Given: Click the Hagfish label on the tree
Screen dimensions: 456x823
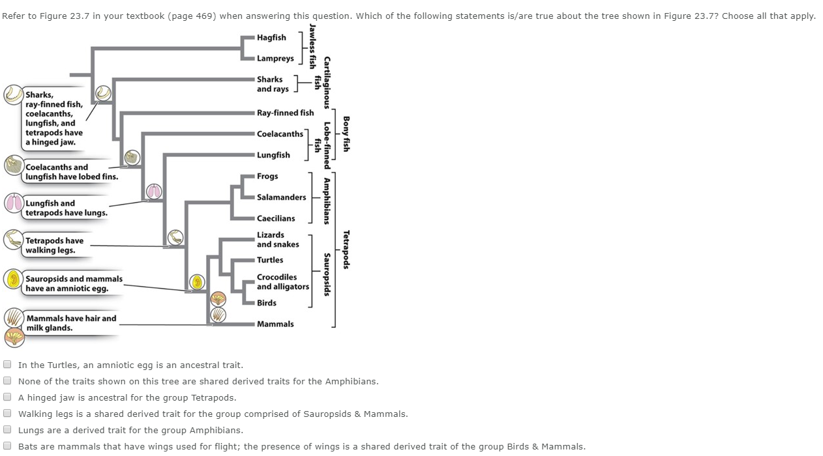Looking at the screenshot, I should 271,38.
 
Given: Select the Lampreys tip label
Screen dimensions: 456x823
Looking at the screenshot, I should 275,59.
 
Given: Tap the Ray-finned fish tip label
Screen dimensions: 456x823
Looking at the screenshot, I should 285,113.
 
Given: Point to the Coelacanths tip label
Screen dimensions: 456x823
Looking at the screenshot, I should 280,134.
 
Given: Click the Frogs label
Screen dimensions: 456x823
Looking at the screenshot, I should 267,177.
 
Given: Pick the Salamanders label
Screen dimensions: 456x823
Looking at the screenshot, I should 281,197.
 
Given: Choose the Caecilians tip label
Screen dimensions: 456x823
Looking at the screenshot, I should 276,219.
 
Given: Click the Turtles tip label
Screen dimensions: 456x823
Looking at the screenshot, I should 270,260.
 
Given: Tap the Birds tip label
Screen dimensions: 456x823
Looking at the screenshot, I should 266,303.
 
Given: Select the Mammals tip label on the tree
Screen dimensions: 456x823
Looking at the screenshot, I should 275,324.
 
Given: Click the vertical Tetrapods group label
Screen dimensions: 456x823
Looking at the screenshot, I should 346,250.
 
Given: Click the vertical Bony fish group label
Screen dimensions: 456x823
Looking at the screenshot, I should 346,134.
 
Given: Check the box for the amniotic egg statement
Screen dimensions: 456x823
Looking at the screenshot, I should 8,365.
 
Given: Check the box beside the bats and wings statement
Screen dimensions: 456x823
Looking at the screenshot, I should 8,446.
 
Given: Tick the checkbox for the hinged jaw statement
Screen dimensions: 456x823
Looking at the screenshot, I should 8,397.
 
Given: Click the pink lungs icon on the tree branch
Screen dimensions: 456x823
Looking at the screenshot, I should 154,192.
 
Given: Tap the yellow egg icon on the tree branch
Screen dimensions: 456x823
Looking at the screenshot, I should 197,282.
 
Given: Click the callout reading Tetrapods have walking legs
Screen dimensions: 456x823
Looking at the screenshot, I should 55,246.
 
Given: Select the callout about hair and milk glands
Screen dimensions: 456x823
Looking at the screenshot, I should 70,323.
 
